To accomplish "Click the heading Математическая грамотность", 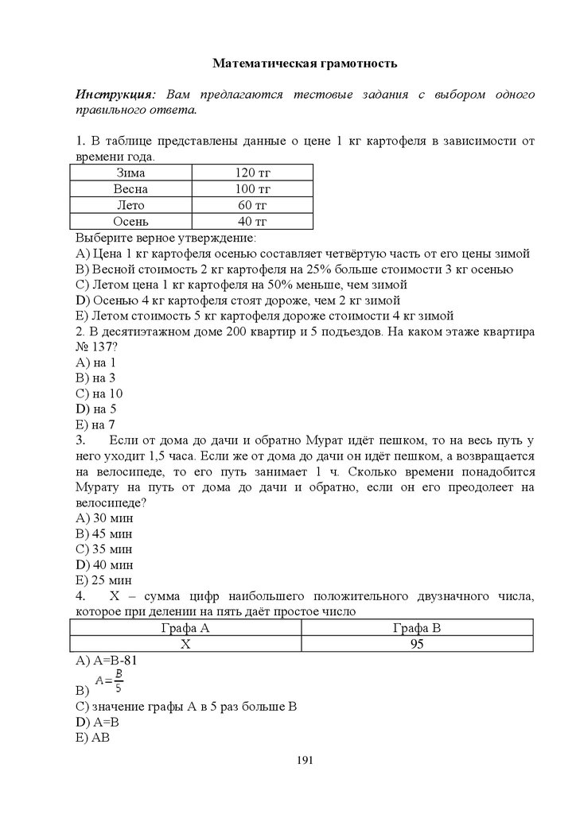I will coord(305,63).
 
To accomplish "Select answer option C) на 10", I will coord(99,393).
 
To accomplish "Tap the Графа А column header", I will coord(185,628).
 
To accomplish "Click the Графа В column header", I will coord(417,628).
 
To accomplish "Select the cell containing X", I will coord(185,644).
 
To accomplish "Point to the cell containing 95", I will coord(417,644).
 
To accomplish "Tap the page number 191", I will coord(305,761).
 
